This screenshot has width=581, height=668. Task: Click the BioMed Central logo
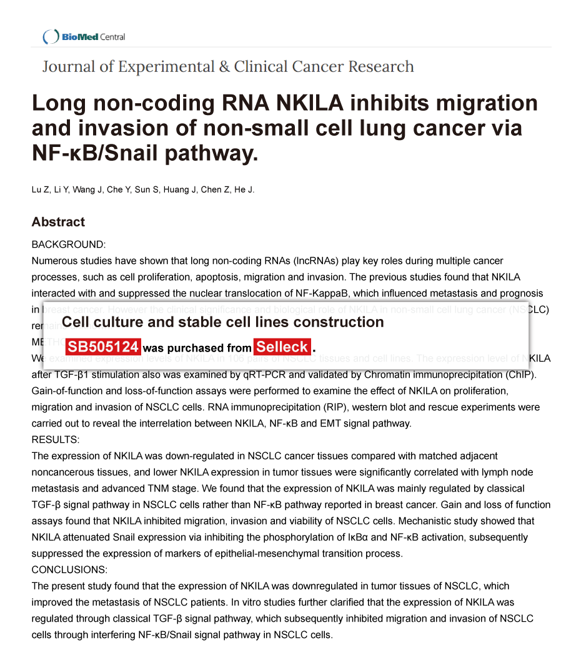pos(84,37)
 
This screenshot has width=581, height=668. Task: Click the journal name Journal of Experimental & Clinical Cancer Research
pos(228,67)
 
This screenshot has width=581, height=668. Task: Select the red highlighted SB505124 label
pos(103,347)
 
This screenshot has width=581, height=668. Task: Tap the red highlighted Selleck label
pos(282,347)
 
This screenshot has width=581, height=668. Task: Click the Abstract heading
pos(58,222)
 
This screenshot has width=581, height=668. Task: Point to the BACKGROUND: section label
pos(69,245)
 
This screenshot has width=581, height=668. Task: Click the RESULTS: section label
pos(56,440)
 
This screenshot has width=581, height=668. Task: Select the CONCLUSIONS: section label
pos(69,570)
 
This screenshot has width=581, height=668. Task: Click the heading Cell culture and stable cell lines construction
pos(223,322)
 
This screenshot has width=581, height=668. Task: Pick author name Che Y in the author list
pos(115,190)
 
